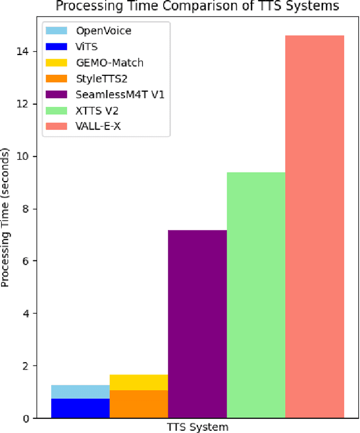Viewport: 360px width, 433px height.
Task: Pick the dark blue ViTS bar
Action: (x=80, y=408)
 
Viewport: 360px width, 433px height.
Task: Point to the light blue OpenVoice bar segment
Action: (x=80, y=391)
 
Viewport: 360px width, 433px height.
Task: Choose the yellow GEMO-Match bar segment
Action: (x=139, y=382)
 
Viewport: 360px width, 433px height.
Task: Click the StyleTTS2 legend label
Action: (x=98, y=78)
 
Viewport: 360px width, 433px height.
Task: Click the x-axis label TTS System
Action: (x=197, y=427)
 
